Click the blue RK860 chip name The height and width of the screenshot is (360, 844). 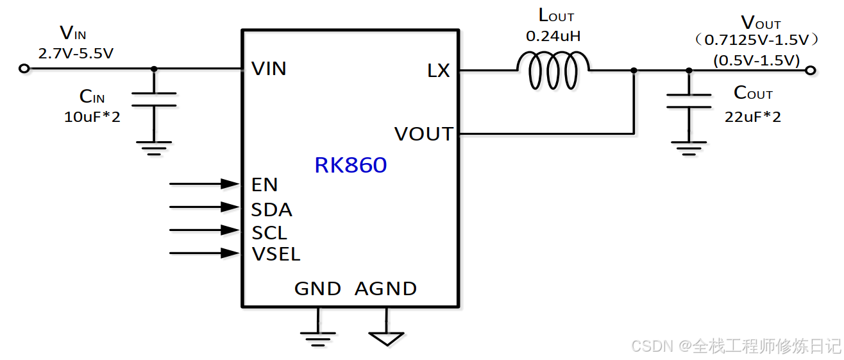350,166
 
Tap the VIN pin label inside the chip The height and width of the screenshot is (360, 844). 269,69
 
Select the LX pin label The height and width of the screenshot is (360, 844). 439,71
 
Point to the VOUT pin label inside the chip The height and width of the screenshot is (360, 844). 423,134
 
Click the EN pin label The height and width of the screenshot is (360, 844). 264,185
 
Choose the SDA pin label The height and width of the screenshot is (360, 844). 272,209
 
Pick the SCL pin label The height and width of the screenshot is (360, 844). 269,232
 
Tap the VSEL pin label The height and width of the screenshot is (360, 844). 276,254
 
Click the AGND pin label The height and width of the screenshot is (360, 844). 385,289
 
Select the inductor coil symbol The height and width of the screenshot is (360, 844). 553,70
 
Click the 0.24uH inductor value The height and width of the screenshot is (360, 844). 553,36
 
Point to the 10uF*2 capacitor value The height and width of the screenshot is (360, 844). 92,117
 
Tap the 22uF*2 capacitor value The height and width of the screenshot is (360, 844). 752,117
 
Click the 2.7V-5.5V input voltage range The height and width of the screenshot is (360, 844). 76,53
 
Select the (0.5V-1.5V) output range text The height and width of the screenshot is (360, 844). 756,60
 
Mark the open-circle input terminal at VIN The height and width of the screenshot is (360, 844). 24,69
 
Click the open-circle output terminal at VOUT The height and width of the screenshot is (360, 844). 811,70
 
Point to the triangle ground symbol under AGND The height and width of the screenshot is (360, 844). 386,338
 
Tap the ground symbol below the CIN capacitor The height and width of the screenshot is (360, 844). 154,148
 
